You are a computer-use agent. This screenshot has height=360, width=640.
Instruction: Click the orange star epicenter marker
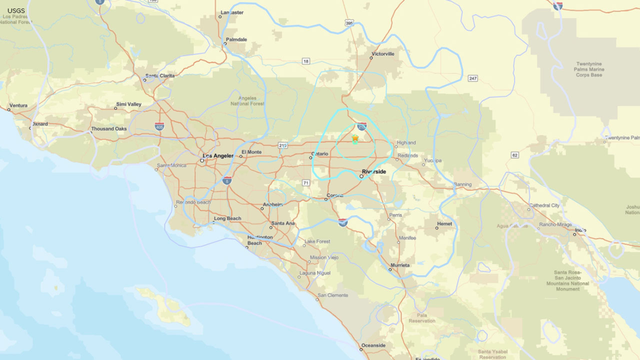355,138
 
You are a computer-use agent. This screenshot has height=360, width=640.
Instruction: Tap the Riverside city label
374,172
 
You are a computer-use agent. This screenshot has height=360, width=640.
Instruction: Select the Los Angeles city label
218,156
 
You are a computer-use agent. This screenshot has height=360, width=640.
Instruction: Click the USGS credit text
16,11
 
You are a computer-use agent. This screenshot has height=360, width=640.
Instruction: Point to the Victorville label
383,54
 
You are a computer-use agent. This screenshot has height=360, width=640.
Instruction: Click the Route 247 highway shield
473,78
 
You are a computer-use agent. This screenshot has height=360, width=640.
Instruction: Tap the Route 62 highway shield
515,155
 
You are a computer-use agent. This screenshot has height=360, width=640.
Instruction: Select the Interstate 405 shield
159,127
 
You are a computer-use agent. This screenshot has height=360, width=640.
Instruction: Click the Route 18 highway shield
306,61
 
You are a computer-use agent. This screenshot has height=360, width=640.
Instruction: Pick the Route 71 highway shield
306,183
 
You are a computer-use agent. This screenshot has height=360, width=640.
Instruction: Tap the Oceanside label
374,345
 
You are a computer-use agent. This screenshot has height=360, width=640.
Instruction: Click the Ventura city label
18,106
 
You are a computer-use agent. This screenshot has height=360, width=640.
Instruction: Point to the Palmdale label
236,40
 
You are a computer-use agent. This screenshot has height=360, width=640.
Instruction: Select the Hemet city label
444,224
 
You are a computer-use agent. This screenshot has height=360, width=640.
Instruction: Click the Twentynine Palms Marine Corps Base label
589,69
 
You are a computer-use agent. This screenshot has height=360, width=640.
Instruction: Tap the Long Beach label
228,218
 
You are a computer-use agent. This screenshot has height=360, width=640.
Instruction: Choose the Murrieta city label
400,265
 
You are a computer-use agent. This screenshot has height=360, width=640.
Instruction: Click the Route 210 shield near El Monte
283,146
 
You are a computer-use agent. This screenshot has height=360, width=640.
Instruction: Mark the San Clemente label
333,295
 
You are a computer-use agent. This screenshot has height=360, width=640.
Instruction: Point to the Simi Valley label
129,104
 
